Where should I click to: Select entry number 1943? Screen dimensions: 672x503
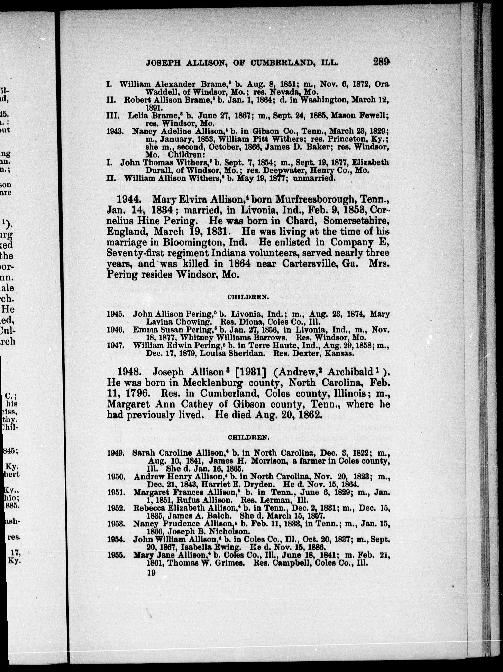click(115, 132)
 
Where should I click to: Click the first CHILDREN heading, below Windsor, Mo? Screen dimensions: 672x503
click(248, 298)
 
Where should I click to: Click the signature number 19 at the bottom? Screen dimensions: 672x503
click(151, 573)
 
